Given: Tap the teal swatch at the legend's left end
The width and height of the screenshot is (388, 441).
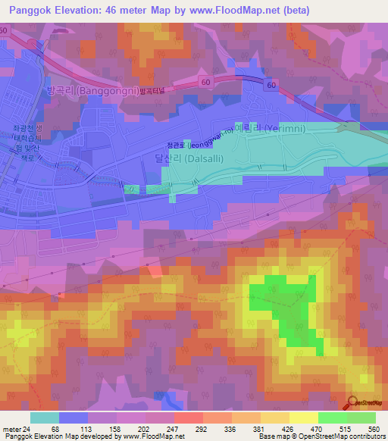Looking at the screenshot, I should (x=44, y=418).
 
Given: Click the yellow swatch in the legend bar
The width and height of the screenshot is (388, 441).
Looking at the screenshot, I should (x=303, y=418).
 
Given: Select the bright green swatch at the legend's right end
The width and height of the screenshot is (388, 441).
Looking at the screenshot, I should (x=361, y=418).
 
